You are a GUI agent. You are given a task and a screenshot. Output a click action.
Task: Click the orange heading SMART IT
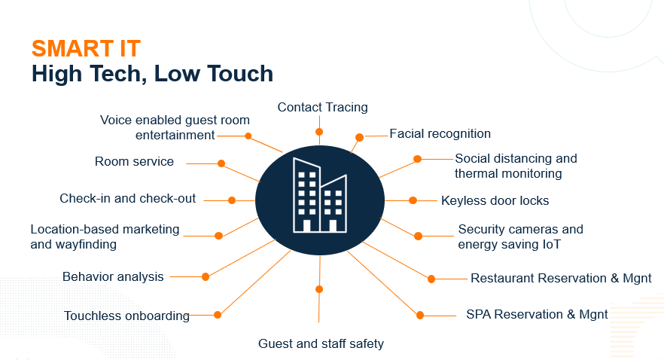click(86, 48)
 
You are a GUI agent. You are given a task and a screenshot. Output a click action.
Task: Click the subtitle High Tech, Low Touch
click(152, 74)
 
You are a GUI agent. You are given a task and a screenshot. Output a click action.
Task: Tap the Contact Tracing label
click(322, 107)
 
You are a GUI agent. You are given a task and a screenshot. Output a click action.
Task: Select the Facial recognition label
click(440, 134)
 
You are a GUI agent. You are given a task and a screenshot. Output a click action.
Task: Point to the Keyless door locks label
click(495, 200)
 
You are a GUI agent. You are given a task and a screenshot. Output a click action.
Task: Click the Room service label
click(134, 162)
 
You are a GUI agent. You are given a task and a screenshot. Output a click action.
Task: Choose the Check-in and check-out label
click(127, 199)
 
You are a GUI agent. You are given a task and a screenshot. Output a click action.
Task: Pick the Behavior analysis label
click(113, 276)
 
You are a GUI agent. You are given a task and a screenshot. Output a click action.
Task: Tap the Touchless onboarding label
click(126, 316)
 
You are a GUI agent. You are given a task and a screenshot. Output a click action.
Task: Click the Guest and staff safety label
click(321, 343)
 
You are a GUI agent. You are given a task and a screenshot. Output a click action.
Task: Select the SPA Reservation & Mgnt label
click(537, 314)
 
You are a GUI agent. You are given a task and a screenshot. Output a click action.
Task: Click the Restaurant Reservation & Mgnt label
click(561, 278)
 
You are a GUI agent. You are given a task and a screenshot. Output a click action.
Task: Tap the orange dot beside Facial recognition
click(360, 138)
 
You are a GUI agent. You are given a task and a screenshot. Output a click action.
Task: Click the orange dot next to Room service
click(221, 163)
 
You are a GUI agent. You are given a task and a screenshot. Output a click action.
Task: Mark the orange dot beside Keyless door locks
click(413, 200)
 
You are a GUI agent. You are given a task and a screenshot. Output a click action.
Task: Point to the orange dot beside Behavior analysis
click(206, 276)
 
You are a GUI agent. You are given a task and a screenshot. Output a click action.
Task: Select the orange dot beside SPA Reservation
click(420, 315)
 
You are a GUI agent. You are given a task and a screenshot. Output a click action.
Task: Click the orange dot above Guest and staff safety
click(319, 289)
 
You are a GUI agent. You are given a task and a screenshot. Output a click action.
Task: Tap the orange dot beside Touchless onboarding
click(218, 315)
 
